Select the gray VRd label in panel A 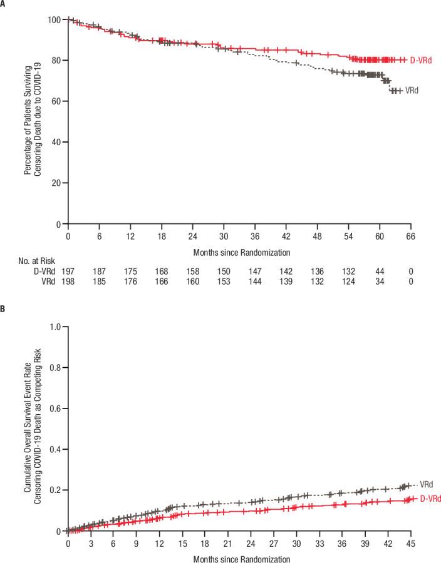coord(411,91)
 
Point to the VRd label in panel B coord(427,484)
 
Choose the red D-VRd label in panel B coord(430,499)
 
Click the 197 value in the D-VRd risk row coord(67,271)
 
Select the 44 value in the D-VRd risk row coord(380,271)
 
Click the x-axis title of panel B coord(239,557)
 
